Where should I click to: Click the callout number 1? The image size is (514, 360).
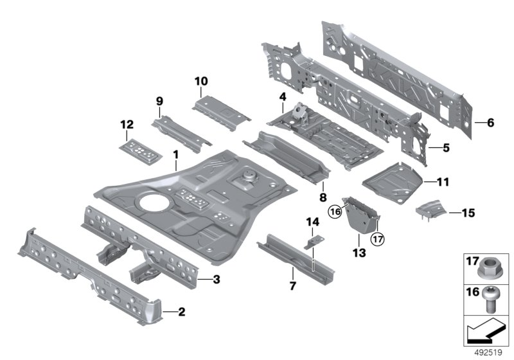(175, 154)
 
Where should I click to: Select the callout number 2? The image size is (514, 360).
(181, 312)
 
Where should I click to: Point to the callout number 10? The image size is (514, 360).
(201, 81)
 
